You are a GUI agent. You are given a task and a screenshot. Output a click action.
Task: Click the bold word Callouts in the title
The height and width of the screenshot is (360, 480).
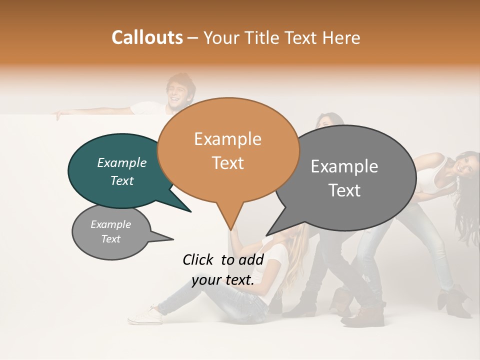pos(147,37)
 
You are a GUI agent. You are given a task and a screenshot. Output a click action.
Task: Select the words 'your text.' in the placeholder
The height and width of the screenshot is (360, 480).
pos(223,280)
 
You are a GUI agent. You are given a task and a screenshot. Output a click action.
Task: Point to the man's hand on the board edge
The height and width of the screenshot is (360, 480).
pos(59,114)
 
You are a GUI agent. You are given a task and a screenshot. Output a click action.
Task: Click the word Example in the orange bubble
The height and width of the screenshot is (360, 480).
pos(227,139)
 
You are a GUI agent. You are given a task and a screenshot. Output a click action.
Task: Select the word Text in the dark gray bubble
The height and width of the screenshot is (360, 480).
pos(345,190)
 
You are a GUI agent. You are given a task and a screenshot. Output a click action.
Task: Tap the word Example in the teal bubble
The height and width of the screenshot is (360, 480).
pos(121,162)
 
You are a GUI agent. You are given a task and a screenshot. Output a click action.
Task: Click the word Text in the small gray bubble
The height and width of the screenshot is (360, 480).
pos(111,239)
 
